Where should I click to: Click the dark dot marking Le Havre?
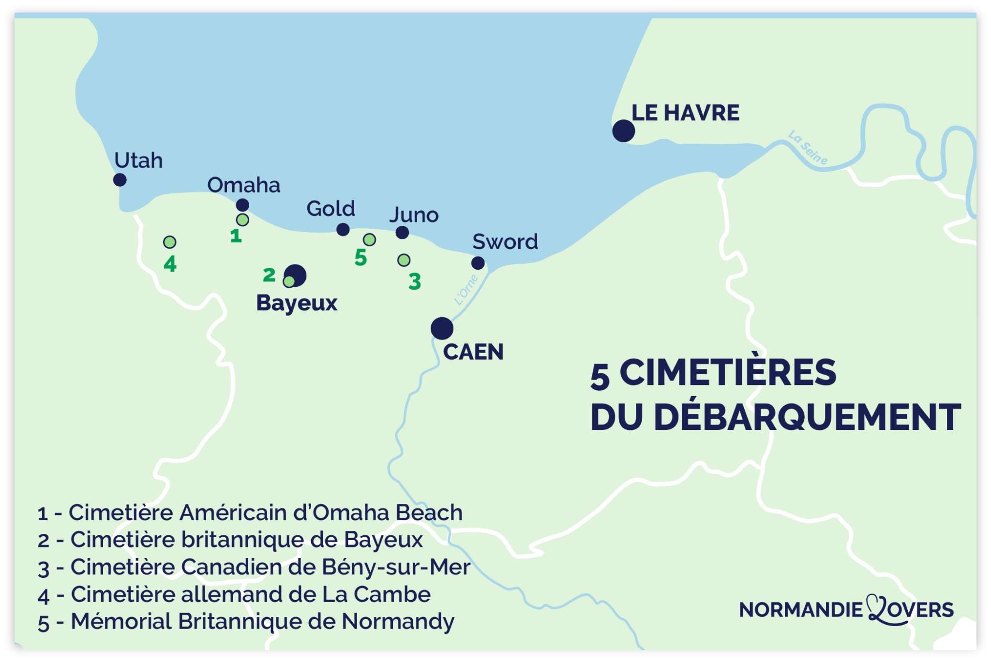pyautogui.click(x=623, y=131)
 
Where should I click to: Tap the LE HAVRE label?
pyautogui.click(x=685, y=113)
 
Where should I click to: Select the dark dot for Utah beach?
pyautogui.click(x=120, y=180)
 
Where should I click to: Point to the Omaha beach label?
pyautogui.click(x=243, y=185)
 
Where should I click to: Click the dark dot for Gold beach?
pyautogui.click(x=343, y=229)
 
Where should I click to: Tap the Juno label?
pyautogui.click(x=414, y=215)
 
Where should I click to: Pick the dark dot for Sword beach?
pyautogui.click(x=478, y=263)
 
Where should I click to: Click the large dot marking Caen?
pyautogui.click(x=442, y=329)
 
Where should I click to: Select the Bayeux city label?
pyautogui.click(x=297, y=303)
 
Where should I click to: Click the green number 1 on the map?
pyautogui.click(x=236, y=236)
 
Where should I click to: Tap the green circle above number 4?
pyautogui.click(x=170, y=242)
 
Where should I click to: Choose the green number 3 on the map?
pyautogui.click(x=415, y=281)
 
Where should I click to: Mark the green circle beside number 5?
pyautogui.click(x=369, y=239)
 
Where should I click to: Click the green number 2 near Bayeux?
pyautogui.click(x=269, y=275)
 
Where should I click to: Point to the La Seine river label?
pyautogui.click(x=808, y=147)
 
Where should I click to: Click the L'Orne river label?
pyautogui.click(x=466, y=290)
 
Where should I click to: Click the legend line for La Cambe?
pyautogui.click(x=234, y=595)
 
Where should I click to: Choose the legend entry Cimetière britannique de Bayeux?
pyautogui.click(x=230, y=540)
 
